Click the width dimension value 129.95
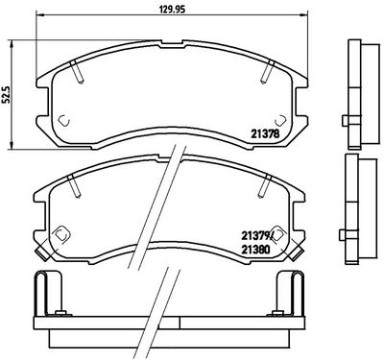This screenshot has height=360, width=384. point(173,10)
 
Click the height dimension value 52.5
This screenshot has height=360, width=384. point(6,95)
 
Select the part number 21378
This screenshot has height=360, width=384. point(265,133)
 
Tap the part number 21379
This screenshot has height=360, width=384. point(255,236)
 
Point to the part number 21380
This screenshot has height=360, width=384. point(255,249)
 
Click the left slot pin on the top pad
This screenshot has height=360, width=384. point(77,72)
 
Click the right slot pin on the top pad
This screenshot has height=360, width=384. point(268,72)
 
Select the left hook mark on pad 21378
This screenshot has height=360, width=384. point(64,120)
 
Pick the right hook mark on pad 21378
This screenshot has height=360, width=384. point(280,120)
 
